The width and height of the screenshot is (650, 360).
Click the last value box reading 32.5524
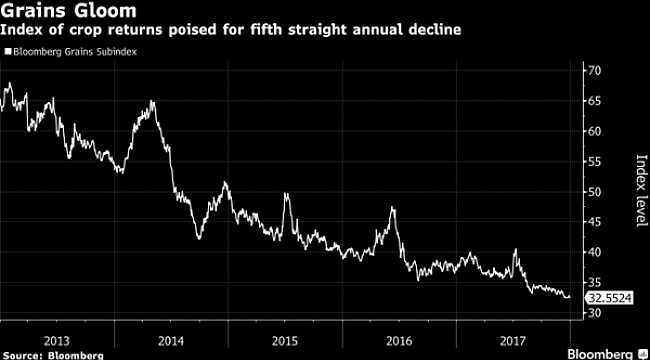(603, 298)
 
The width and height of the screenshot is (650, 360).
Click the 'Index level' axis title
(631, 191)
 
